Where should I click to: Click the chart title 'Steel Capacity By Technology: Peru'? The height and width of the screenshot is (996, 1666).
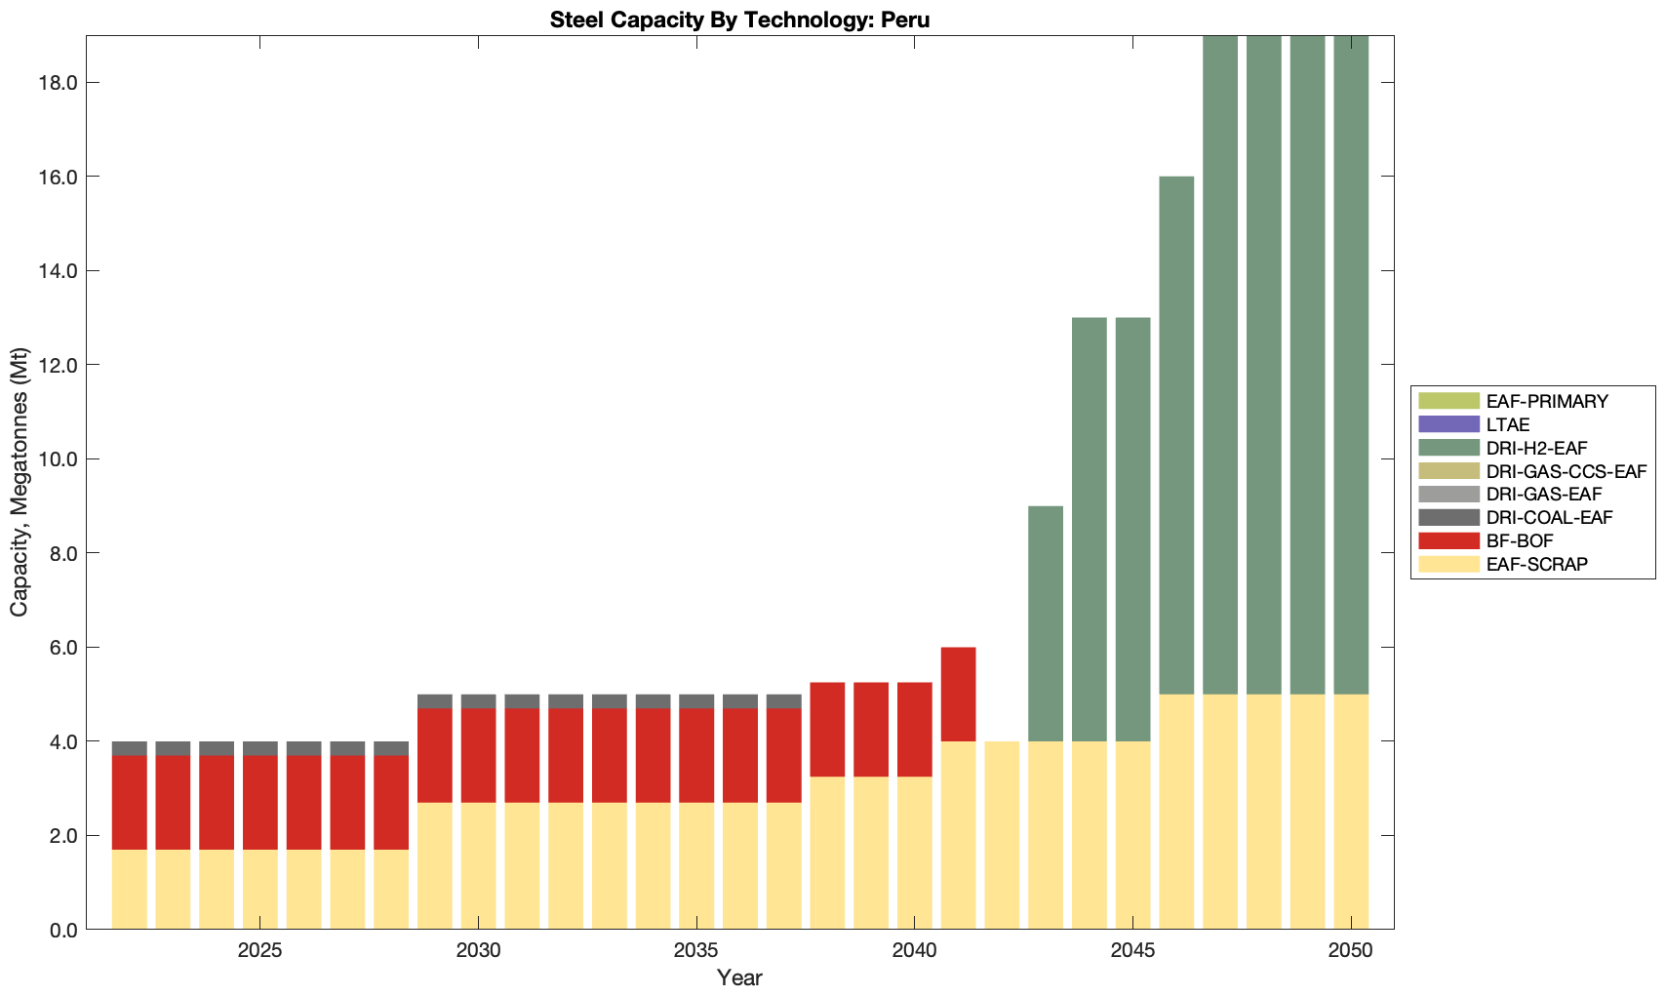click(739, 20)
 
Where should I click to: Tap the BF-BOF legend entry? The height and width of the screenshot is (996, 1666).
click(1520, 540)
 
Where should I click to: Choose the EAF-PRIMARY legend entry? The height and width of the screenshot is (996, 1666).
click(1546, 401)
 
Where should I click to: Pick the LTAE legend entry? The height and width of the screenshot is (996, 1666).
click(1507, 424)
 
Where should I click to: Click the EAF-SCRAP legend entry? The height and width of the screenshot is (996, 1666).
click(1536, 564)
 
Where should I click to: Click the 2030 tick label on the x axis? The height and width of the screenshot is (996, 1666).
click(478, 949)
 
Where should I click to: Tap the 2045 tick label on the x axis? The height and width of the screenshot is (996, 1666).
click(1132, 949)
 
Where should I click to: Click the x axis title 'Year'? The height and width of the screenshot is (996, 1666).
click(739, 977)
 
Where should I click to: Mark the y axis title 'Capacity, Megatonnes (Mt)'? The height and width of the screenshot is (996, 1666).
click(20, 482)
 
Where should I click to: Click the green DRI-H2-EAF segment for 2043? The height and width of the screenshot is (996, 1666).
click(1046, 624)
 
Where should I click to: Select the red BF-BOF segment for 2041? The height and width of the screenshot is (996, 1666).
click(958, 695)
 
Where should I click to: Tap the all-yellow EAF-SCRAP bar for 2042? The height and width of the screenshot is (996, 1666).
click(1002, 835)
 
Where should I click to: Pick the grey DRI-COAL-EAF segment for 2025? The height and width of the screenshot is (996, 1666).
click(259, 748)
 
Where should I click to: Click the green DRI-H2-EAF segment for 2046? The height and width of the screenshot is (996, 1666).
click(1176, 435)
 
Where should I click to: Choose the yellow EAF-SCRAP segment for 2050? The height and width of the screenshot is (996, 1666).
click(1351, 812)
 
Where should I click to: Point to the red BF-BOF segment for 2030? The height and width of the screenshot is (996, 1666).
click(478, 755)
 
